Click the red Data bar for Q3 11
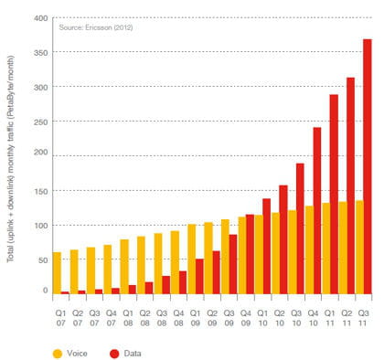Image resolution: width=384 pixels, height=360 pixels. (368, 166)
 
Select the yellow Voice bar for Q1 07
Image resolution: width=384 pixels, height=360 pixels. (57, 273)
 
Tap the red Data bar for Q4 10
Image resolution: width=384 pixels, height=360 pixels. (317, 211)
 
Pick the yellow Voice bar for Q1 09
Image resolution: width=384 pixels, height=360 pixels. (191, 259)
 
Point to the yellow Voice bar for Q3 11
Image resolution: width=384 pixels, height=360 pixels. (359, 248)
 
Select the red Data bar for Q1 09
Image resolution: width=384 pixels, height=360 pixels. (199, 277)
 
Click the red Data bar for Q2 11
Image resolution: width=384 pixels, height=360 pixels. (351, 185)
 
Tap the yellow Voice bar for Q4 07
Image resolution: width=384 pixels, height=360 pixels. (107, 270)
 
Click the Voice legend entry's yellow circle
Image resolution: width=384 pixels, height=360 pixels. (58, 354)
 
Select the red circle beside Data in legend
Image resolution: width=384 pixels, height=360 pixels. (114, 354)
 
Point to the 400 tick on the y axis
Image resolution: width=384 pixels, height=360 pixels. (41, 18)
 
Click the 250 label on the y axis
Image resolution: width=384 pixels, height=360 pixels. (41, 122)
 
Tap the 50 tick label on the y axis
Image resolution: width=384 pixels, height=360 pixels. (43, 260)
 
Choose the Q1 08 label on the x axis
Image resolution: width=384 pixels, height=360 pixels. (128, 318)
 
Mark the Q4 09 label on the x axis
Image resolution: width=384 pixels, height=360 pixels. (246, 318)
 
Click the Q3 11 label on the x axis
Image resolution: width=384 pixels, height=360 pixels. (363, 318)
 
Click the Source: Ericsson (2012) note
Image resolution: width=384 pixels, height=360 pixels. (96, 27)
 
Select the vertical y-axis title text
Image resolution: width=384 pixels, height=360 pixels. (11, 158)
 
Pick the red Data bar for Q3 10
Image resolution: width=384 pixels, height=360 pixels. (300, 228)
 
